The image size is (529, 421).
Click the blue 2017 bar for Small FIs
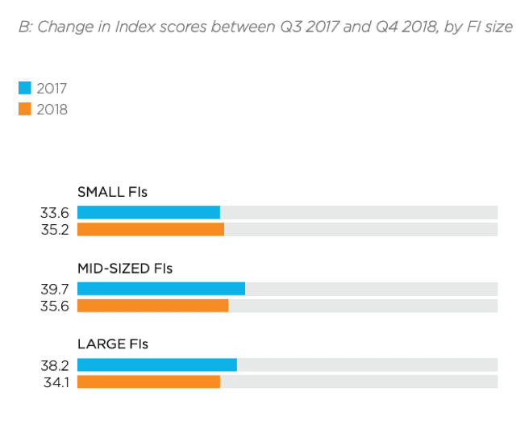pos(148,212)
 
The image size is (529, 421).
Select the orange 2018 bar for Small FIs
pos(150,229)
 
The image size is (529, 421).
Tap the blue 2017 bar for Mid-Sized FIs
pos(160,289)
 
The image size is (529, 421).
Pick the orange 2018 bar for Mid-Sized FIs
pos(152,306)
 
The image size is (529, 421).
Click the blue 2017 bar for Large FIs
pos(156,365)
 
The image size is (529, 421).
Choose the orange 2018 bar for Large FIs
pos(148,381)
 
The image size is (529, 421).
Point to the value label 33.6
pos(55,213)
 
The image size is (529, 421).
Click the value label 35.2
pos(55,230)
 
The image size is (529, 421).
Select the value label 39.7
pos(55,289)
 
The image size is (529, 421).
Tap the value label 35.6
pos(55,306)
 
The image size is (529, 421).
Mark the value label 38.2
pos(55,365)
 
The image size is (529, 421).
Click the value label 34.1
pos(56,381)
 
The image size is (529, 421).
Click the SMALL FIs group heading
pos(112,192)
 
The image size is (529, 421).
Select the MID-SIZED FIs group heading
pos(125,269)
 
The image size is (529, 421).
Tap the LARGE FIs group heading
pos(113,344)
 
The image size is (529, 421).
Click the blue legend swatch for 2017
pos(24,89)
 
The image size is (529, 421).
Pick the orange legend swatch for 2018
pos(24,109)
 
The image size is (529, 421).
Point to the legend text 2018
pos(52,110)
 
